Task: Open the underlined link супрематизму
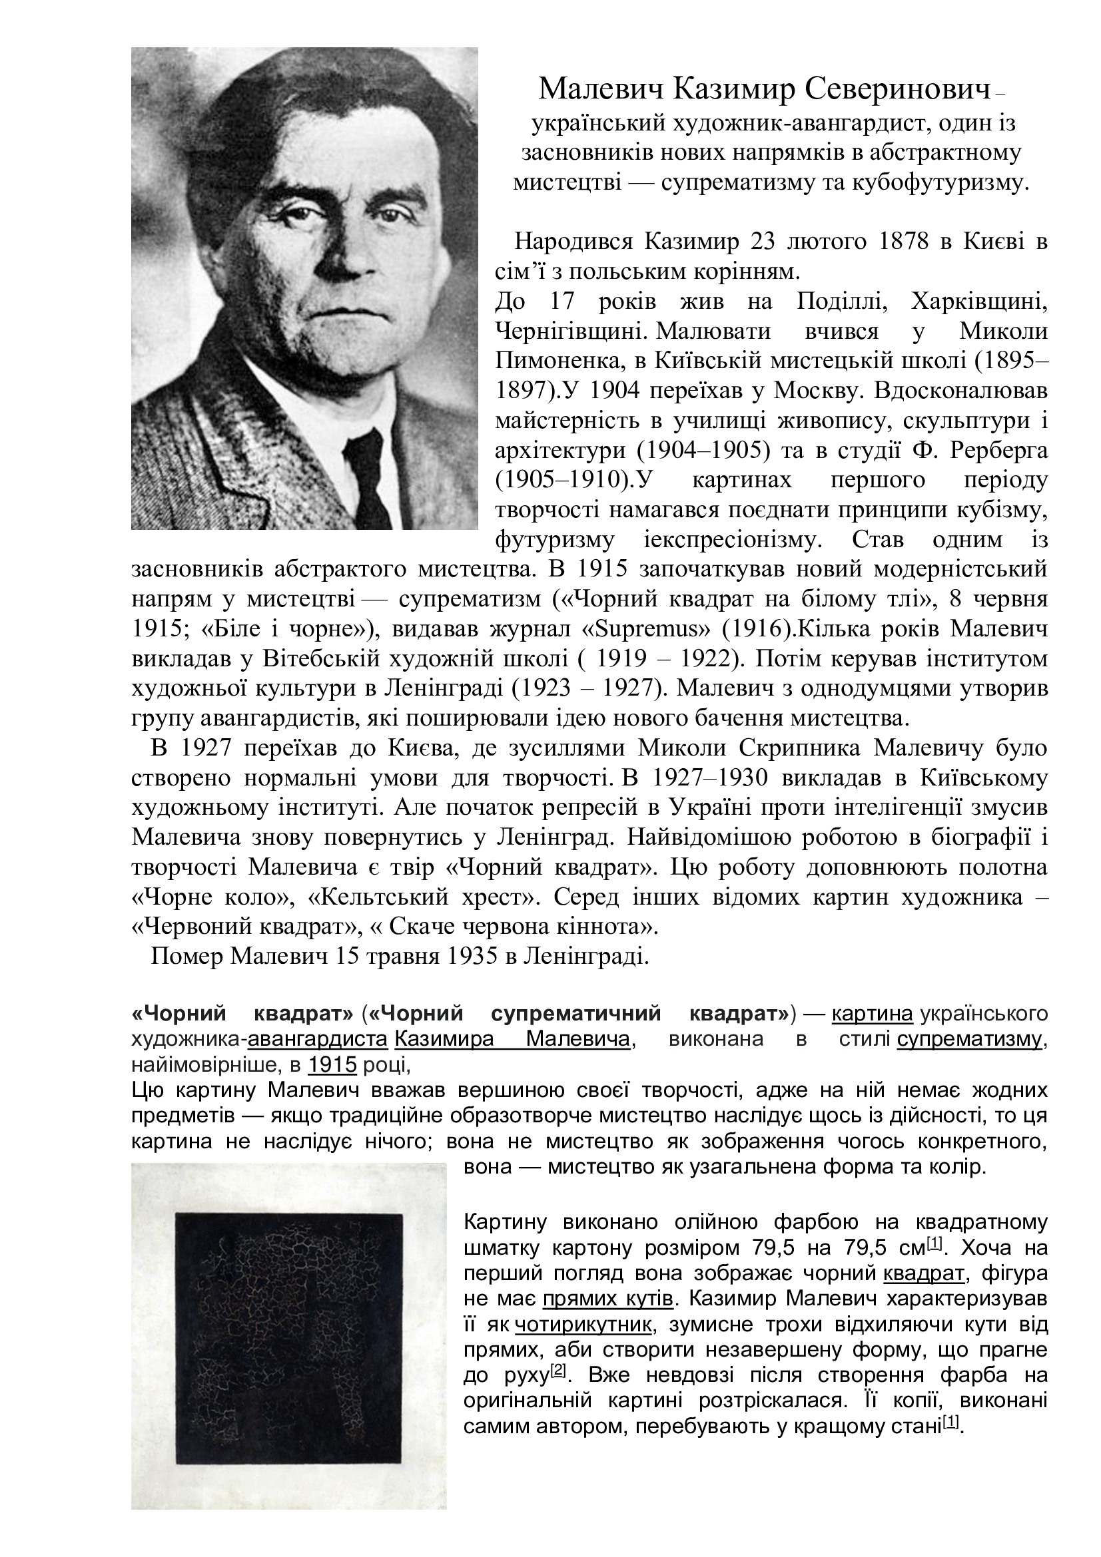pos(968,1039)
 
